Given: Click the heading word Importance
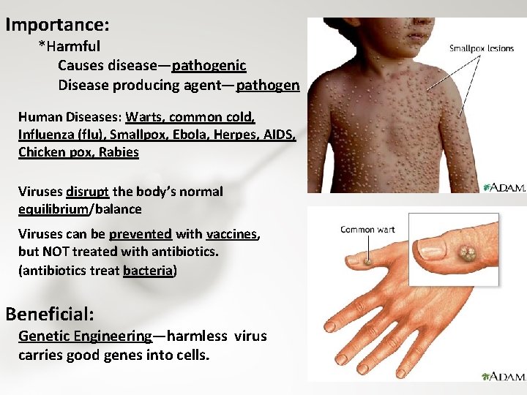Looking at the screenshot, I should pos(57,25).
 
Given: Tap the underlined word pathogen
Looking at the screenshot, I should pos(268,85).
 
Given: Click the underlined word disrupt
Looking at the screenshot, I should pos(88,192).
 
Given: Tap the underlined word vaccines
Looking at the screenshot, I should pos(232,234).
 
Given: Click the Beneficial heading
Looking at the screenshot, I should pos(50,315).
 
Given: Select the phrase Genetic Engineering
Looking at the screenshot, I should pos(85,336).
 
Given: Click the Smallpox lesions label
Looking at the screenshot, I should pos(482,49).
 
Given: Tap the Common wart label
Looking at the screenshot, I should pos(367,230).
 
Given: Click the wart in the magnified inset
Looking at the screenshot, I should pos(466,255).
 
